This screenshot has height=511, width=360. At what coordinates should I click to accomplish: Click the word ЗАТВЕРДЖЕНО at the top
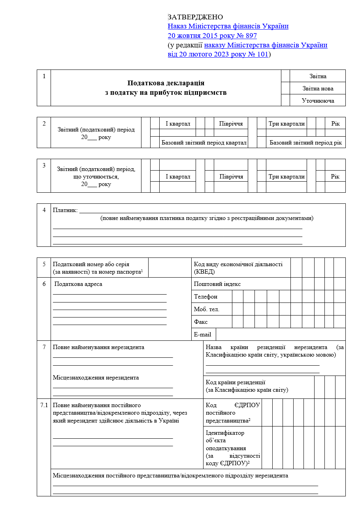pos(195,17)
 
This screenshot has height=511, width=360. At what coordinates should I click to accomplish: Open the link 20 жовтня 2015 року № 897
pos(212,36)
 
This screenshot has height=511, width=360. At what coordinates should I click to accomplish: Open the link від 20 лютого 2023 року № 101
pos(218,54)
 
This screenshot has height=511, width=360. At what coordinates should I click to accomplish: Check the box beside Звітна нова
pos(285,88)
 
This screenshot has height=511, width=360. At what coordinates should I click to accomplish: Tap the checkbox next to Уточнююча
pos(285,100)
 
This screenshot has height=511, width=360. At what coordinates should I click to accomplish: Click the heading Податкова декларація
pos(166,83)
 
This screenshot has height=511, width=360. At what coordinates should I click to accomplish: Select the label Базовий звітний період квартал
pos(204,143)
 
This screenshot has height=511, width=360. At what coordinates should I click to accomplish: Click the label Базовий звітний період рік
pos(305,143)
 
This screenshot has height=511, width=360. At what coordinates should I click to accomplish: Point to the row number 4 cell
pos(44,210)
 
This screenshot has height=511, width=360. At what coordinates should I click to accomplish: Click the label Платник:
pos(65,210)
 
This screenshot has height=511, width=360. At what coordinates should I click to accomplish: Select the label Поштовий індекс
pos(217,284)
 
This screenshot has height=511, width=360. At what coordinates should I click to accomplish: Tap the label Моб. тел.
pos(207,309)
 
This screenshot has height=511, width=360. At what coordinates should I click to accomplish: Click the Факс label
pos(201,322)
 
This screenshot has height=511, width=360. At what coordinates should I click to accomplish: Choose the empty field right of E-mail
pos(281,334)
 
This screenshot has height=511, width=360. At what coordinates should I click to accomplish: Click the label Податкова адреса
pos(78,284)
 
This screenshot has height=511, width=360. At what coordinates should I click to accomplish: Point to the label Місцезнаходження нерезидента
pos(96,378)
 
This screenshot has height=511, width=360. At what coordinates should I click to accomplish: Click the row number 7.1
pos(44,405)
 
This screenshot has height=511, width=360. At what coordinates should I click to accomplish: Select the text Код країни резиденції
pos(236,382)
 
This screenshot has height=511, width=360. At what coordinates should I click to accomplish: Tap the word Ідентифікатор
pos(225,433)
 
